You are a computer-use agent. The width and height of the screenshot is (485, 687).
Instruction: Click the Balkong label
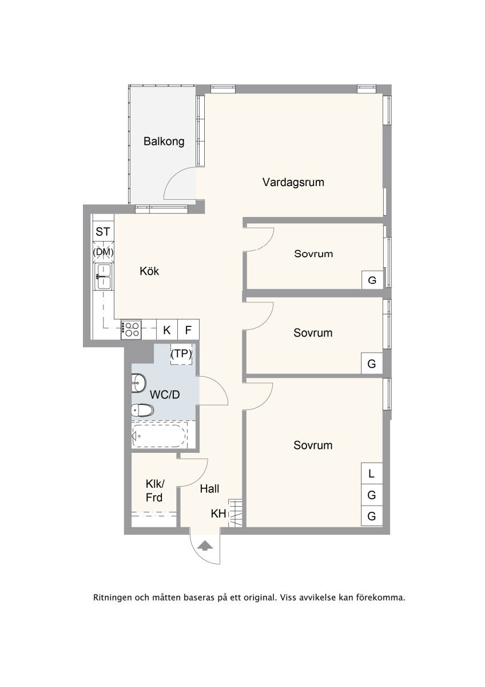[164, 141]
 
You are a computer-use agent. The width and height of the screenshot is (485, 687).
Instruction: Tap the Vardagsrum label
[293, 182]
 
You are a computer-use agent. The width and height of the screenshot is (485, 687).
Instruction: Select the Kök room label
[149, 271]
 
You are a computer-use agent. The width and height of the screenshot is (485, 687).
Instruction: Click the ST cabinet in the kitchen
[103, 231]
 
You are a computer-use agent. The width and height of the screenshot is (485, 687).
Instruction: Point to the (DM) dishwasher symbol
[103, 252]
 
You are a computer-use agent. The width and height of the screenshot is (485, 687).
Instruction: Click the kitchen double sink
[104, 277]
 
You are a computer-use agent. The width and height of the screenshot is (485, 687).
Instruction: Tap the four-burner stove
[131, 329]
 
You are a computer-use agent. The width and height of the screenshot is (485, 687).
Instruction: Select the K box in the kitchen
[167, 330]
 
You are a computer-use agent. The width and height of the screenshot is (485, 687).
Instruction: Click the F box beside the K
[188, 330]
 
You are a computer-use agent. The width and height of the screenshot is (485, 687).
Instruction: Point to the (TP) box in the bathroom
[181, 354]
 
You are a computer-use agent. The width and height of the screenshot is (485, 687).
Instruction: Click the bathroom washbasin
[138, 383]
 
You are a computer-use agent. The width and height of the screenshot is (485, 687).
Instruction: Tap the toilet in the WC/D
[142, 410]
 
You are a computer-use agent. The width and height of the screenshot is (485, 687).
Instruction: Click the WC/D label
[165, 394]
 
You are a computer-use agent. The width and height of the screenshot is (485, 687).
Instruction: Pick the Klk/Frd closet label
[155, 491]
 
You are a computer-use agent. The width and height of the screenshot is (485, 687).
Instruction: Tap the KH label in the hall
[218, 514]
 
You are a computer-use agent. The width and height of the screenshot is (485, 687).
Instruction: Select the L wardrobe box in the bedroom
[372, 473]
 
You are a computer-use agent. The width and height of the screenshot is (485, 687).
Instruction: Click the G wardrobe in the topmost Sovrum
[372, 280]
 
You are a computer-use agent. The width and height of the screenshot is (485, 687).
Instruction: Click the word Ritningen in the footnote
[113, 598]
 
